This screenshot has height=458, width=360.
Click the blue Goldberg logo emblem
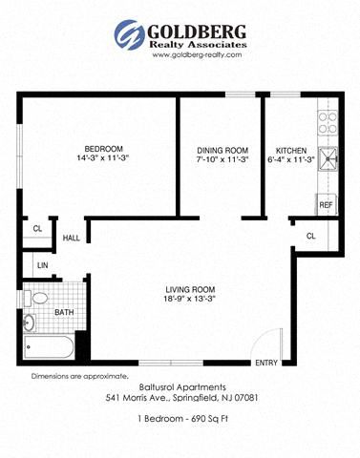click(129, 34)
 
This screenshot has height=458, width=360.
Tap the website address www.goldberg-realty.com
click(197, 54)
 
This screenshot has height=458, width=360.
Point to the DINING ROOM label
click(222, 151)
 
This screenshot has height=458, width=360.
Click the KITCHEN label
click(291, 151)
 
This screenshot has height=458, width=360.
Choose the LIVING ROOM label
click(190, 289)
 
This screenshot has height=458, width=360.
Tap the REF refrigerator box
click(326, 205)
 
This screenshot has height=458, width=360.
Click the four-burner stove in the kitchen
click(328, 123)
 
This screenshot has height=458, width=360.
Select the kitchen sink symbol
click(328, 158)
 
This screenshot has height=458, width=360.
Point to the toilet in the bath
click(36, 299)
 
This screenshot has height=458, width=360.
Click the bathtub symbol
click(49, 347)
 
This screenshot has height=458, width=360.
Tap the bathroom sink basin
click(30, 323)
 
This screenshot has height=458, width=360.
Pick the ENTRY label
click(266, 363)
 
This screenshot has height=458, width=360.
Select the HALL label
click(71, 238)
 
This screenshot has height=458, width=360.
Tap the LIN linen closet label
click(43, 265)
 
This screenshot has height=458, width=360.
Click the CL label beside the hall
click(37, 229)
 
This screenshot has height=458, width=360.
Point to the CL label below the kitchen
click(311, 236)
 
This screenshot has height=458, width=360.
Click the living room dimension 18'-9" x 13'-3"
click(190, 299)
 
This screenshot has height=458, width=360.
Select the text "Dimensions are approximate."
click(80, 376)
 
